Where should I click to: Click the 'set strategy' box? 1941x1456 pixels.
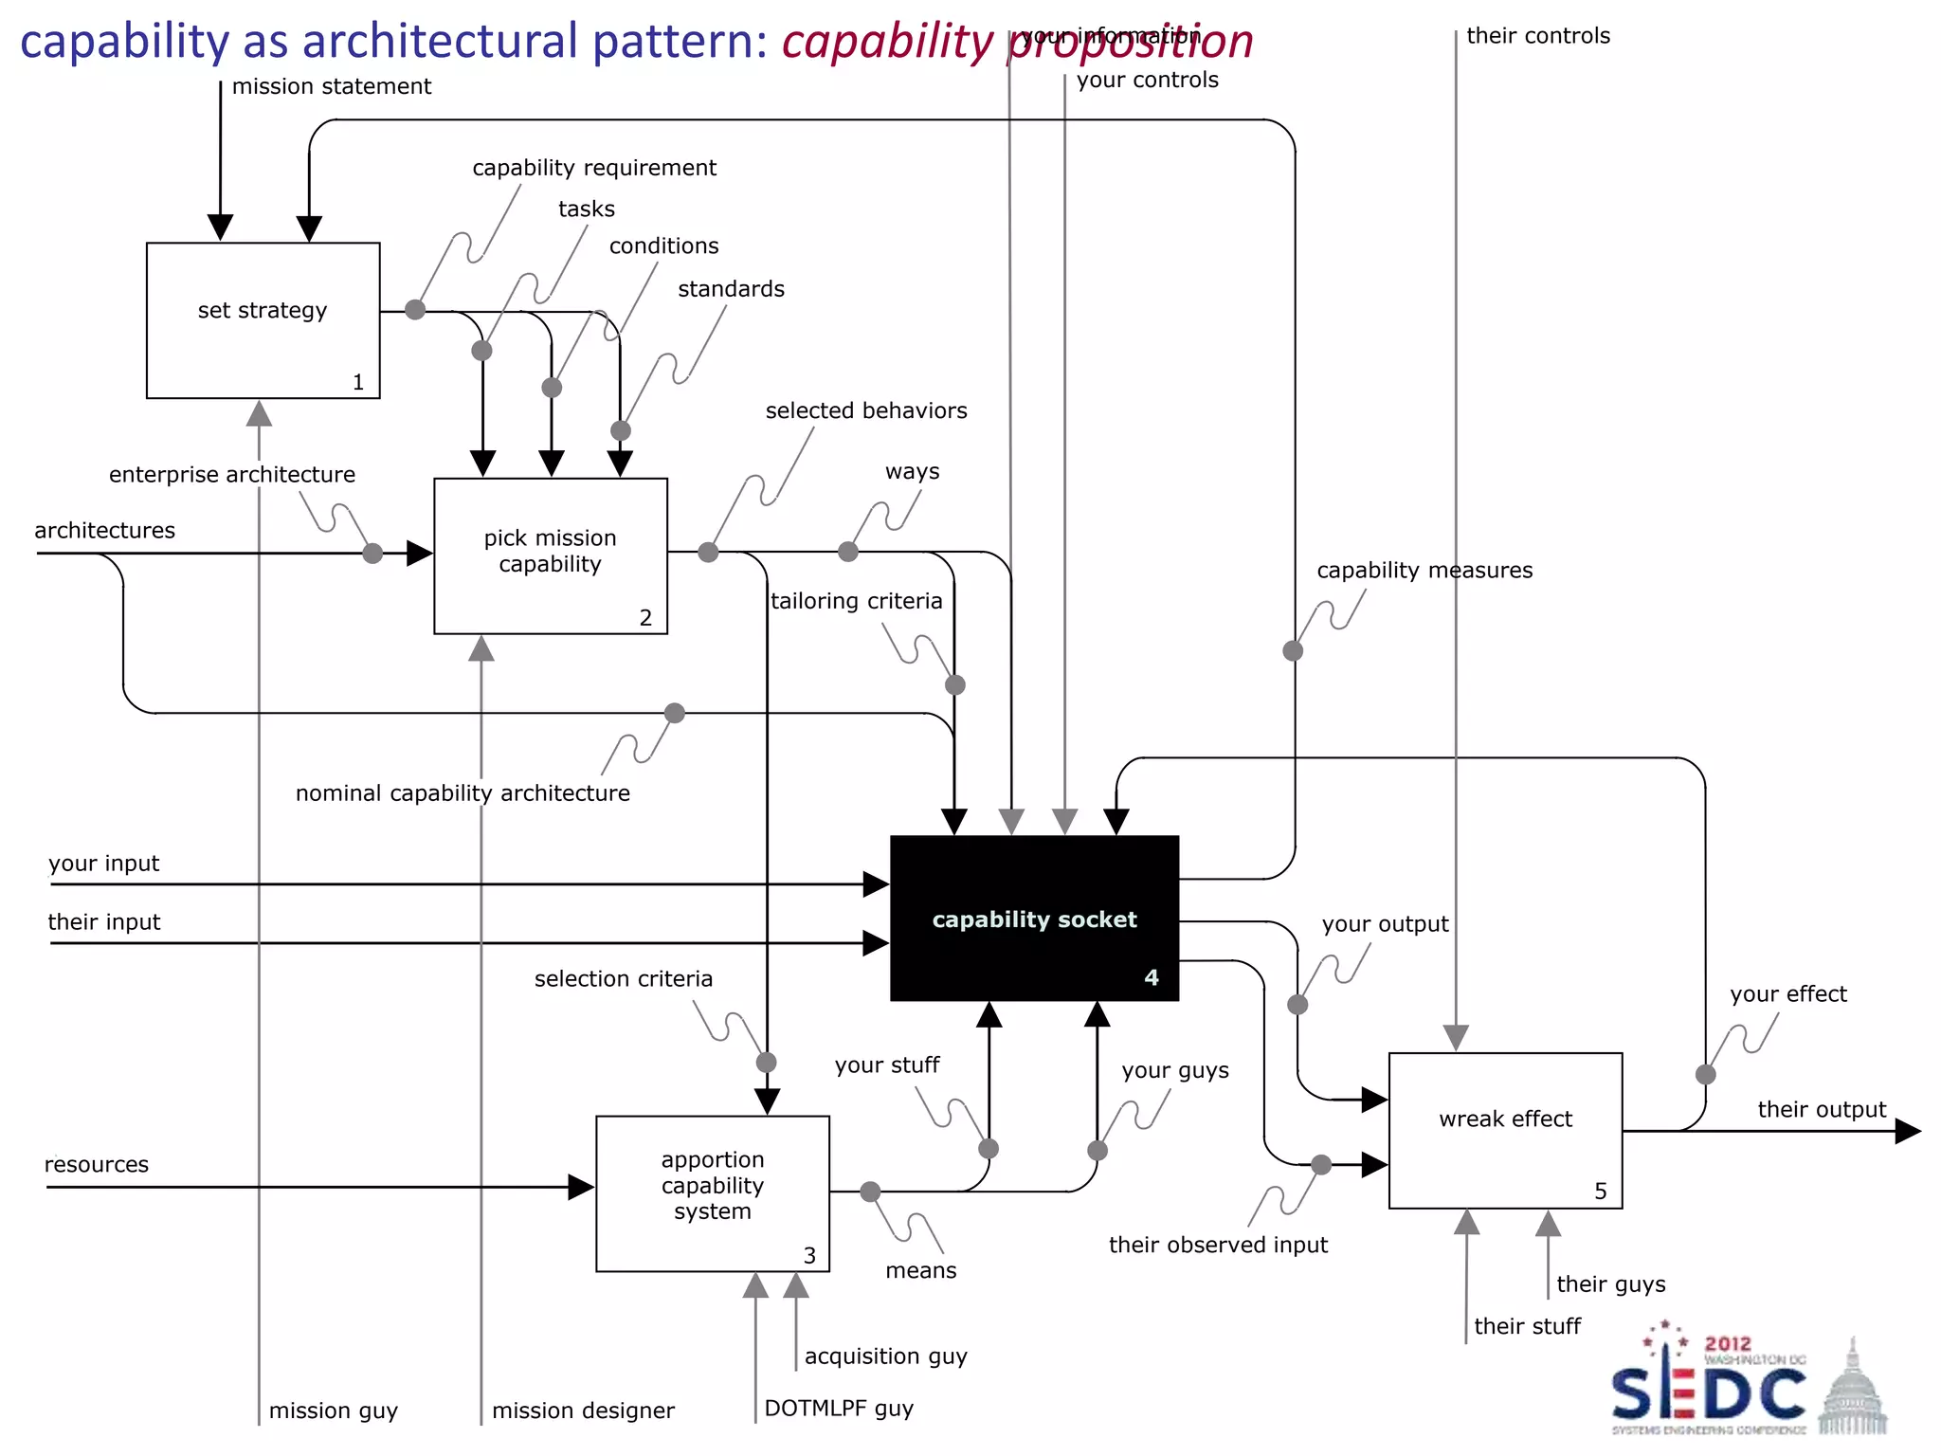pyautogui.click(x=263, y=319)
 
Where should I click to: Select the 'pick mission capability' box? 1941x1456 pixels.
pyautogui.click(x=550, y=555)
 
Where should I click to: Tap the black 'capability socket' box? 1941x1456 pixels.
pyautogui.click(x=1034, y=918)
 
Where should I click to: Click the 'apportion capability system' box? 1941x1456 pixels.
pyautogui.click(x=712, y=1192)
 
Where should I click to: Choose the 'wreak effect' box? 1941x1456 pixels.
pyautogui.click(x=1505, y=1129)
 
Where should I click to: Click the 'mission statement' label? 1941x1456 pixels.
pyautogui.click(x=331, y=86)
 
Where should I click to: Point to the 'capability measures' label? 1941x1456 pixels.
pyautogui.click(x=1424, y=570)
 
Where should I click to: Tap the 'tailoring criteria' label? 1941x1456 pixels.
pyautogui.click(x=856, y=601)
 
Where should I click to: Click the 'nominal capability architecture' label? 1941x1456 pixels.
pyautogui.click(x=463, y=792)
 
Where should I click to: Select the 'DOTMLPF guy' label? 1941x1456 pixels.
pyautogui.click(x=839, y=1408)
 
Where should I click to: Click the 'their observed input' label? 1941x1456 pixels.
pyautogui.click(x=1218, y=1245)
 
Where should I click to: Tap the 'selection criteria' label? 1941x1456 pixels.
pyautogui.click(x=623, y=978)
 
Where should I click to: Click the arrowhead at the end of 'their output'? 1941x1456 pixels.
pyautogui.click(x=1908, y=1131)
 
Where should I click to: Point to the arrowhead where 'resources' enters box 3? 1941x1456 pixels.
pyautogui.click(x=581, y=1187)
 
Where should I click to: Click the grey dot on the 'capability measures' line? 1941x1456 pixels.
pyautogui.click(x=1293, y=650)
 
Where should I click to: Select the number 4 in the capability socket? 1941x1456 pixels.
pyautogui.click(x=1152, y=977)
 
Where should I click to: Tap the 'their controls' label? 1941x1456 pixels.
pyautogui.click(x=1537, y=36)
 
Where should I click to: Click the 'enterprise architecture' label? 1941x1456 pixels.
pyautogui.click(x=232, y=474)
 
